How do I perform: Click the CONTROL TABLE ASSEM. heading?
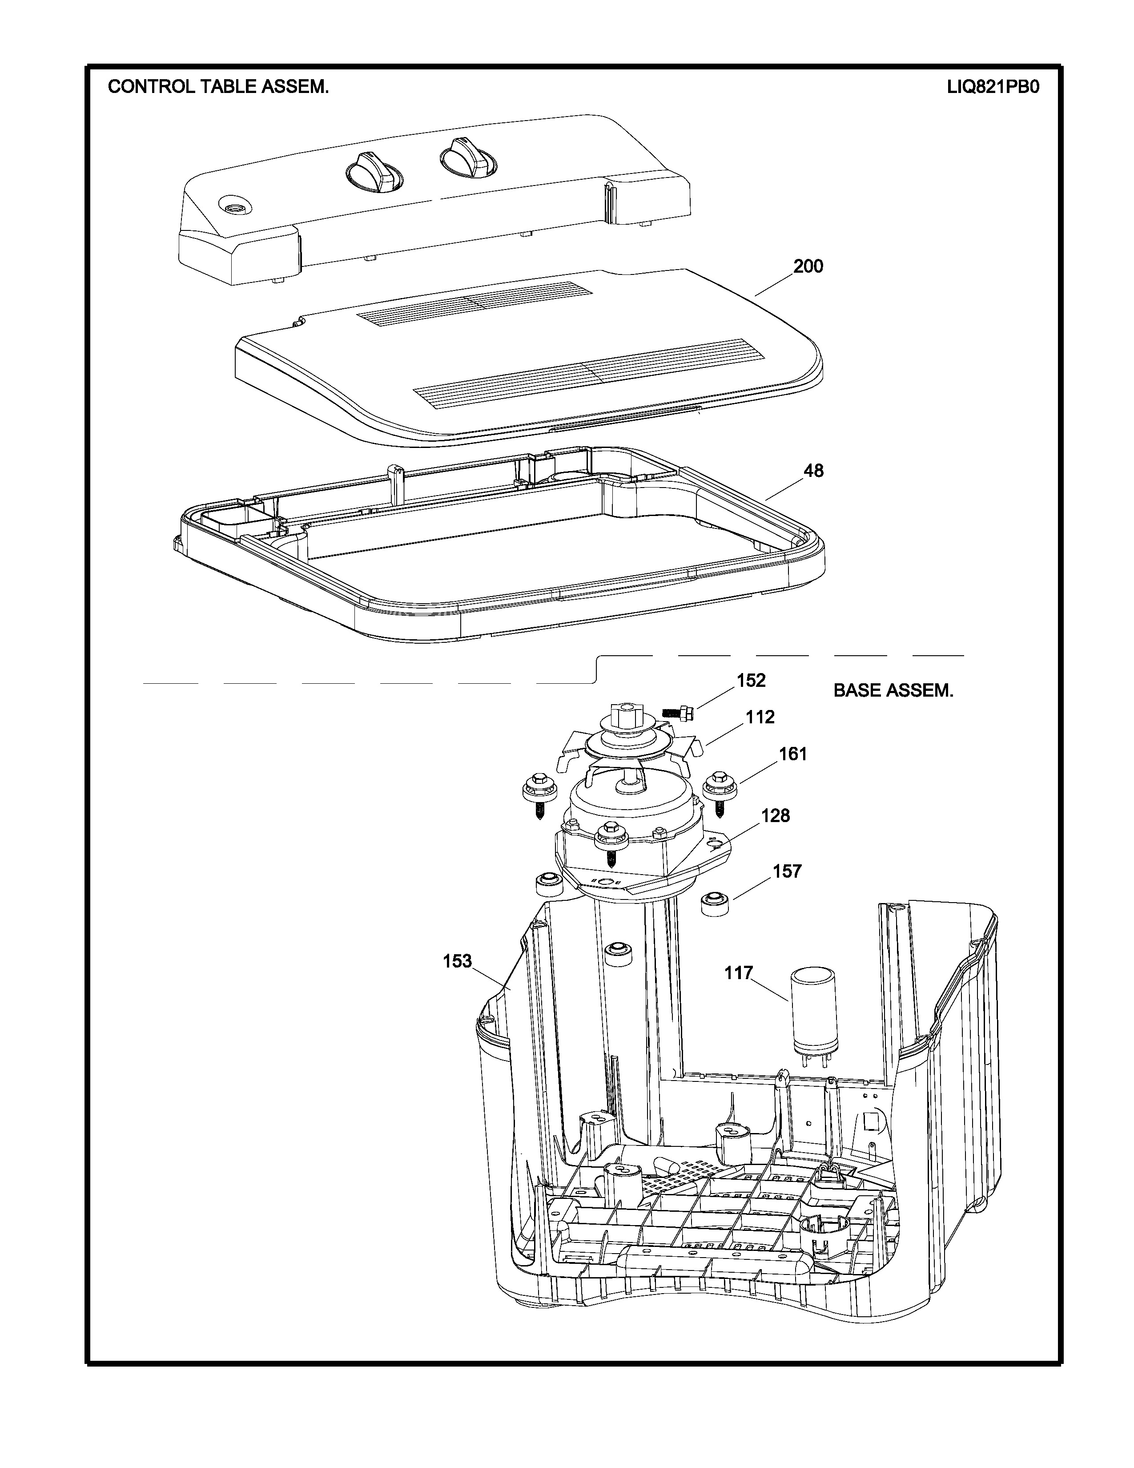pos(218,87)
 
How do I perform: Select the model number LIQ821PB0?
pos(993,87)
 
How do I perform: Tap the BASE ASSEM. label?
pos(893,690)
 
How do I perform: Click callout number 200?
pos(808,266)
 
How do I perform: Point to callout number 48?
pos(813,471)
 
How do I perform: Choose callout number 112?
pos(760,717)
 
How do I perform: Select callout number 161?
pos(793,754)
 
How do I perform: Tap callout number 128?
pos(775,815)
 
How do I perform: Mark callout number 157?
pos(787,871)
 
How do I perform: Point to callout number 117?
pos(738,972)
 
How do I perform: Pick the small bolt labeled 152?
pos(678,712)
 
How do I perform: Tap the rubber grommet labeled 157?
pos(715,904)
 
